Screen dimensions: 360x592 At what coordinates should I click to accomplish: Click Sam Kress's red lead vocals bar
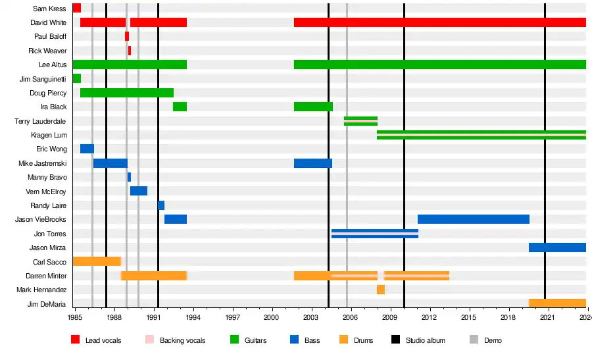point(76,8)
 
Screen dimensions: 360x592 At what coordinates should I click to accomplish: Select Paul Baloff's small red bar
point(127,36)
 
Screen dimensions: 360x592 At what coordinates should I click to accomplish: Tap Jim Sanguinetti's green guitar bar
point(76,78)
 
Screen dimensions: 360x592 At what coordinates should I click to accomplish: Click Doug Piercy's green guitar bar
point(126,93)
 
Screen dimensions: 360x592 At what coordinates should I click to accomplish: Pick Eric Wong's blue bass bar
point(87,149)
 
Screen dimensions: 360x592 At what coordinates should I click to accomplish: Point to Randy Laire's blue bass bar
point(161,205)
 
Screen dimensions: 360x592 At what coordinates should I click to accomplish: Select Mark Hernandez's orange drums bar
point(381,290)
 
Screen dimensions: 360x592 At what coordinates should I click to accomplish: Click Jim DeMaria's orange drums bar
point(557,303)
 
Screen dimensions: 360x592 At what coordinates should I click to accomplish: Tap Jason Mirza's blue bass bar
point(557,247)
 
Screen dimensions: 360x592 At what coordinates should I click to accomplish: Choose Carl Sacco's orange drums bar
point(97,261)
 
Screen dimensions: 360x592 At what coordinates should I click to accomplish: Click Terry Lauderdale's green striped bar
point(360,120)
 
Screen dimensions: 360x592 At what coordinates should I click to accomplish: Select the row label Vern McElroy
point(46,192)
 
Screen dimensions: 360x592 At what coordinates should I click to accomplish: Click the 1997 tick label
point(232,317)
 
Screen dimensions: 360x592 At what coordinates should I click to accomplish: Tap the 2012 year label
point(430,317)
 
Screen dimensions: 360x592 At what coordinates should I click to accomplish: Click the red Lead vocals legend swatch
point(76,340)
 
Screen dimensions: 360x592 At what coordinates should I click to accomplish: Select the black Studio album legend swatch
point(396,340)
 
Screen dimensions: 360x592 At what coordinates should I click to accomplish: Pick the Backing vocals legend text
point(183,340)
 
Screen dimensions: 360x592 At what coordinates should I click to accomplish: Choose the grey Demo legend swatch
point(474,340)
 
